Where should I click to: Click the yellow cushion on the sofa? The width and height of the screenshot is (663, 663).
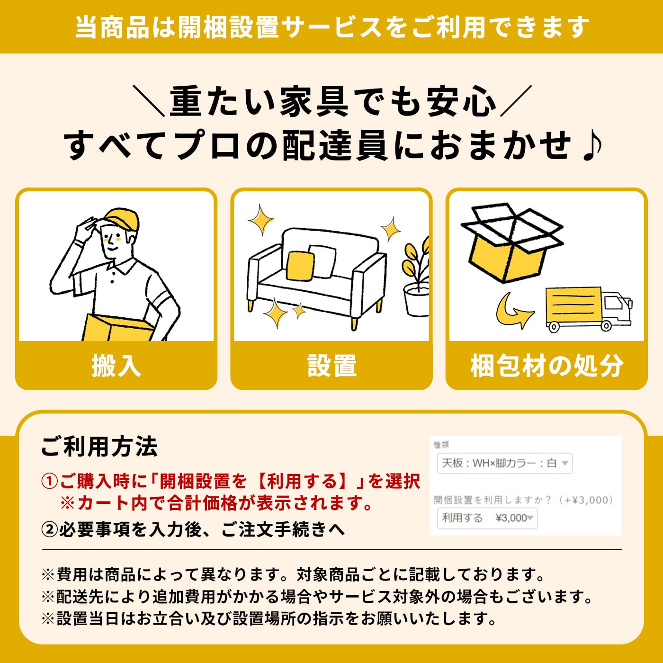point(300,265)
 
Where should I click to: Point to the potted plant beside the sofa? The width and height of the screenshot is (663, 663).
point(416,278)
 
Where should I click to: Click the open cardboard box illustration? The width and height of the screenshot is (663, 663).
point(512,242)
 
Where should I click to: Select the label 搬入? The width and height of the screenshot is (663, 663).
point(116,366)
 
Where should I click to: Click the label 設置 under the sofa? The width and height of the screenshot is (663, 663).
point(331,366)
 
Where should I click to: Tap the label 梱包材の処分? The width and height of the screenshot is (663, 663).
point(547,366)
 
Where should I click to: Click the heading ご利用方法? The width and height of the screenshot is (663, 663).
point(99,447)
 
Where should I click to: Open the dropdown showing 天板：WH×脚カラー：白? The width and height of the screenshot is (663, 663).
point(505,463)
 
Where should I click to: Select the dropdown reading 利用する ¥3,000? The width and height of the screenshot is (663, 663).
point(487,518)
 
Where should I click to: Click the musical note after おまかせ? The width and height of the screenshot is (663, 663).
point(592,146)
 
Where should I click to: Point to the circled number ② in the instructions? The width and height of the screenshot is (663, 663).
point(49,529)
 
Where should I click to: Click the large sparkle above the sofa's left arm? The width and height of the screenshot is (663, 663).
point(261,220)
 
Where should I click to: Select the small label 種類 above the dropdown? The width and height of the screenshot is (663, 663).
point(441,445)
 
